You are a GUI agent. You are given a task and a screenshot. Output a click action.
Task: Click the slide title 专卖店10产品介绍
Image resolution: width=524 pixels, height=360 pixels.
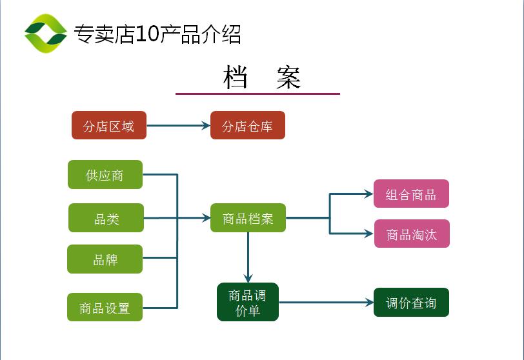pyautogui.click(x=157, y=34)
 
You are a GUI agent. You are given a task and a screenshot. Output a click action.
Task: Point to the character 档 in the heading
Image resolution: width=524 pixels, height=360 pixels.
pyautogui.click(x=236, y=77)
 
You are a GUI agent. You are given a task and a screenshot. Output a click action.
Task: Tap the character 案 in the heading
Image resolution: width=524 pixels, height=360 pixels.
pyautogui.click(x=288, y=77)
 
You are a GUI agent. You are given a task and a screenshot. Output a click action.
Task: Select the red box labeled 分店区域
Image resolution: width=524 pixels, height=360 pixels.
pyautogui.click(x=109, y=126)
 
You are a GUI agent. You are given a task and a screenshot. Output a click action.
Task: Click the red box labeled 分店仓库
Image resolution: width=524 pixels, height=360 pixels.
pyautogui.click(x=247, y=126)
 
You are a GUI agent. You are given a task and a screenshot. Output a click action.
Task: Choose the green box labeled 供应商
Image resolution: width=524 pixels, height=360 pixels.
pyautogui.click(x=105, y=175)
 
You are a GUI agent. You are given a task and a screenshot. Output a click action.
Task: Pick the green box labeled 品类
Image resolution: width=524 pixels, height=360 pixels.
pyautogui.click(x=106, y=219)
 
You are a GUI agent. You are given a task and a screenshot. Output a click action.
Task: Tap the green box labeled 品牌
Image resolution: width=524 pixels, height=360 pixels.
pyautogui.click(x=105, y=259)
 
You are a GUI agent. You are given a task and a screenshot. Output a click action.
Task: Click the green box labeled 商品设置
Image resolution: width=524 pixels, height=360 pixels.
pyautogui.click(x=105, y=308)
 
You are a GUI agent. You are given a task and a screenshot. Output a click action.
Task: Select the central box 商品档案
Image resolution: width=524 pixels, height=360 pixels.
pyautogui.click(x=248, y=219)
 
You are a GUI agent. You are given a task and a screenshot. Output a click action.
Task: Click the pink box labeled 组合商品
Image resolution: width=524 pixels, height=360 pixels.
pyautogui.click(x=411, y=194)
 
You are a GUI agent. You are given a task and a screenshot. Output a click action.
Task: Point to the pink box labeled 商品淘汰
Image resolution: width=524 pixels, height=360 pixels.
pyautogui.click(x=412, y=234)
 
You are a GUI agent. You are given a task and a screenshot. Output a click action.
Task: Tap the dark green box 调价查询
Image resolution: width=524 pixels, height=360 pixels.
pyautogui.click(x=411, y=303)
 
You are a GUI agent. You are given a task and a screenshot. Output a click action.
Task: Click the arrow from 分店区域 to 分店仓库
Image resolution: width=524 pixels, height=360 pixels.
pyautogui.click(x=178, y=126)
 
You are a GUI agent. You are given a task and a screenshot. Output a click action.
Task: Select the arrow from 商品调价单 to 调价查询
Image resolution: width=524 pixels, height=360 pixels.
pyautogui.click(x=326, y=302)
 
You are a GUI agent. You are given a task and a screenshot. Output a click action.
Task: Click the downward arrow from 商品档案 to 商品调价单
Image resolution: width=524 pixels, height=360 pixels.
pyautogui.click(x=248, y=257)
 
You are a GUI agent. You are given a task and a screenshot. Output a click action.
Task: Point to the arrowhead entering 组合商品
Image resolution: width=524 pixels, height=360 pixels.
pyautogui.click(x=368, y=193)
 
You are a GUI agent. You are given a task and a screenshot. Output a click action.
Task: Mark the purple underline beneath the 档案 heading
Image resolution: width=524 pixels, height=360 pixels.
pyautogui.click(x=257, y=94)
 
